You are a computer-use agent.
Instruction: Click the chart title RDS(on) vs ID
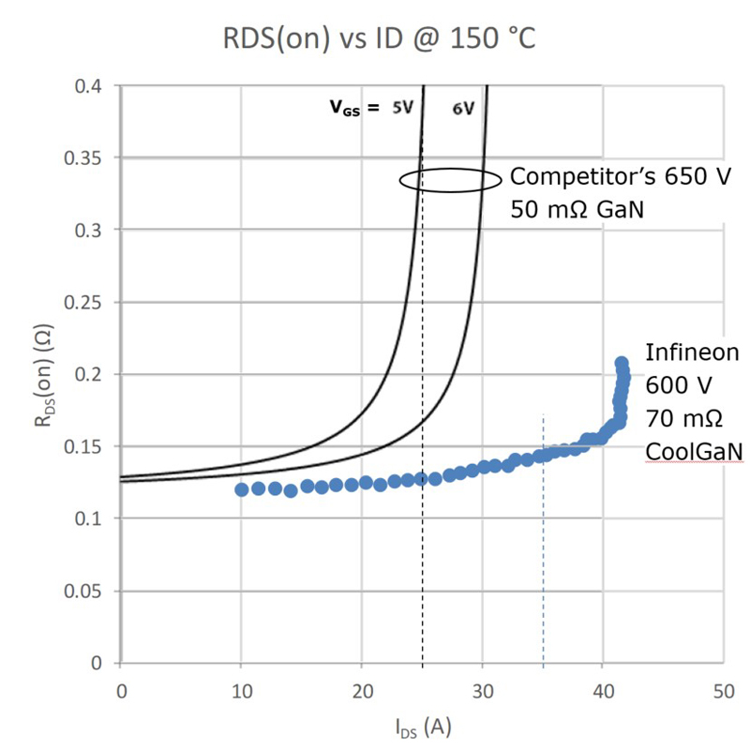(374, 39)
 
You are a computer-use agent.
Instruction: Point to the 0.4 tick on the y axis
(92, 86)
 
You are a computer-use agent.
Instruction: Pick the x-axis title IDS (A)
(424, 726)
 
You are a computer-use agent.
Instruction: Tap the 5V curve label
(402, 108)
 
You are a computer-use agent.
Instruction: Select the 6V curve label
(463, 108)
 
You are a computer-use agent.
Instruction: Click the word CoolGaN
(694, 453)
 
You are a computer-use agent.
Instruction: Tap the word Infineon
(693, 352)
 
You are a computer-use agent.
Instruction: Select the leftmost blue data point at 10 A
(242, 489)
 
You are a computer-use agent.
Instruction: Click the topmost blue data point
(622, 363)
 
